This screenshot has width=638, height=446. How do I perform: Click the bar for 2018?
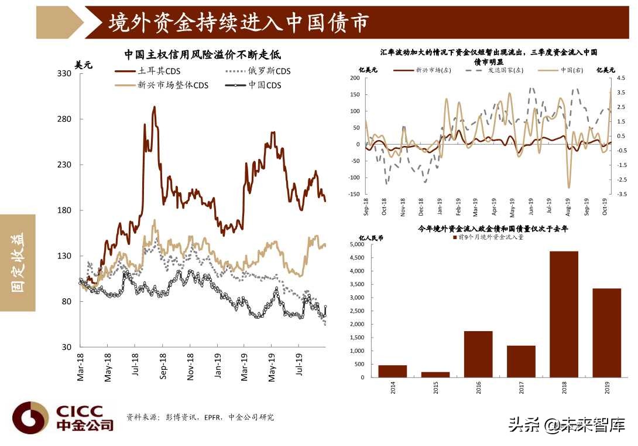[564, 314]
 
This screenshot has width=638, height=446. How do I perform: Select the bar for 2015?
[435, 374]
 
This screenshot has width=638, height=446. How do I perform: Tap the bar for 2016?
[478, 354]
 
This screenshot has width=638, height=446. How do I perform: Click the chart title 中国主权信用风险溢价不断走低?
[203, 55]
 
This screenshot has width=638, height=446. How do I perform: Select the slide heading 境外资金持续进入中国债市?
[239, 22]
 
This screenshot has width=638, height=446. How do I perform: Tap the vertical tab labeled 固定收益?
[18, 262]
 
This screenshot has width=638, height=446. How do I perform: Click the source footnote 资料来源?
[200, 417]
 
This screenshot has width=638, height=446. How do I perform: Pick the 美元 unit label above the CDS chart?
[84, 64]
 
